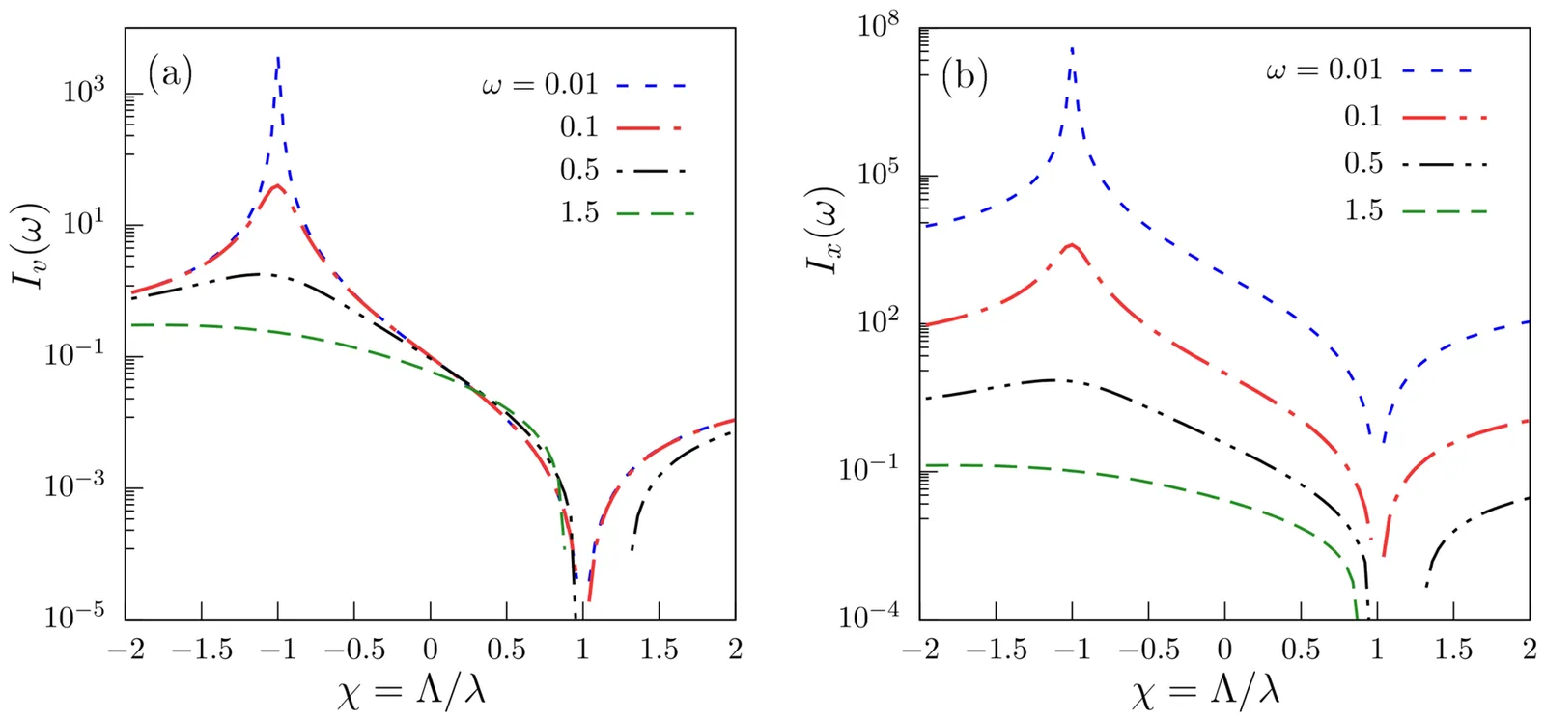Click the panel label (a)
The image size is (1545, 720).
coord(170,73)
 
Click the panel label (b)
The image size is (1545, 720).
coord(964,75)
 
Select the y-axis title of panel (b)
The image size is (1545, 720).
coord(826,229)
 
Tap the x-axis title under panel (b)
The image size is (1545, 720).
coord(1205,690)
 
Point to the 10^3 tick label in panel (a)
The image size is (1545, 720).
coord(84,93)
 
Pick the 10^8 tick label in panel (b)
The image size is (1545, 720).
coord(878,26)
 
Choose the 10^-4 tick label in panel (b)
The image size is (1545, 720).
coord(868,616)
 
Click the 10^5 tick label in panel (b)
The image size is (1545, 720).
coord(878,174)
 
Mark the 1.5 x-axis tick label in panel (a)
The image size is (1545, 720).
coord(659,650)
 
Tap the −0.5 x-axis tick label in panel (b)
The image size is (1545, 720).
coord(1148,650)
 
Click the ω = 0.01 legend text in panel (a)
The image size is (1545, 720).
coord(540,85)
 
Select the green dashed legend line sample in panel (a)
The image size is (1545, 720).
coord(655,212)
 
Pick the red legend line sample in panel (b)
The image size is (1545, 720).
coord(1445,118)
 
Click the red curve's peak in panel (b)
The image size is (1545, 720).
coord(1071,244)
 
